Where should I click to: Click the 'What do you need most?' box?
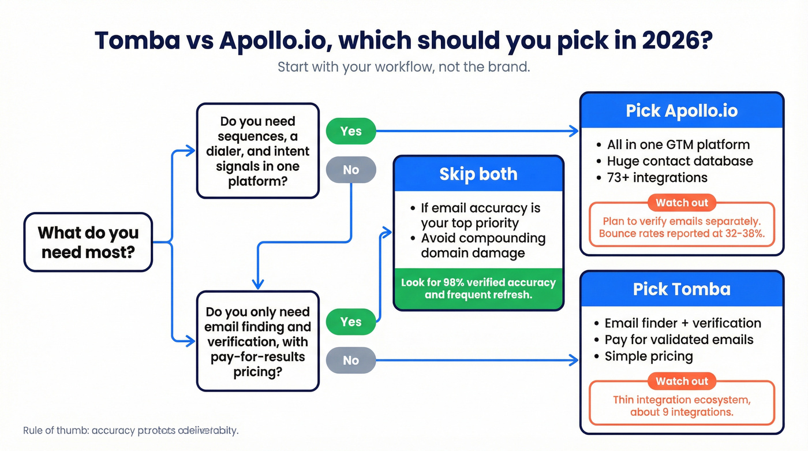pyautogui.click(x=88, y=242)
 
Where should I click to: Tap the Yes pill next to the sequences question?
pyautogui.click(x=351, y=131)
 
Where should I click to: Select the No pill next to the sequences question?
pyautogui.click(x=351, y=170)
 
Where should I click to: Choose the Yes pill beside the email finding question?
pyautogui.click(x=351, y=322)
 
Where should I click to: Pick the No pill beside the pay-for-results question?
pyautogui.click(x=351, y=360)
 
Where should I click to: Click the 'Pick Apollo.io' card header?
pyautogui.click(x=682, y=110)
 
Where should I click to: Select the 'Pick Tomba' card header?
pyautogui.click(x=682, y=289)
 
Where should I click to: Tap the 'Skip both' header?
pyautogui.click(x=478, y=174)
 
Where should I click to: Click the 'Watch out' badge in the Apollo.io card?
pyautogui.click(x=682, y=203)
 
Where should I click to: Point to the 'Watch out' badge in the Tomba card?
pyautogui.click(x=682, y=381)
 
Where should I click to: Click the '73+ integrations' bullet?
pyautogui.click(x=657, y=177)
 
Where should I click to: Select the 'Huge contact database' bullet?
pyautogui.click(x=679, y=161)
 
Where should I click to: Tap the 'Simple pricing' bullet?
pyautogui.click(x=648, y=356)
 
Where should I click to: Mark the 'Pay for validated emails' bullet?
pyautogui.click(x=679, y=340)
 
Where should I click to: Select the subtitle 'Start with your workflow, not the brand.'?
pyautogui.click(x=403, y=66)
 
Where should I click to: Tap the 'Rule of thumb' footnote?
pyautogui.click(x=130, y=431)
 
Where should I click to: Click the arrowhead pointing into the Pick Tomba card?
pyautogui.click(x=574, y=360)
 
